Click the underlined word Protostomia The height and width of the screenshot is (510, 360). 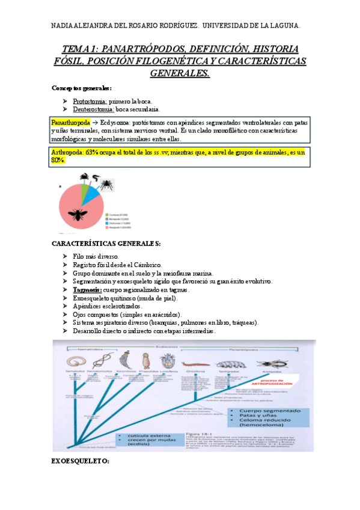[90, 100]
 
